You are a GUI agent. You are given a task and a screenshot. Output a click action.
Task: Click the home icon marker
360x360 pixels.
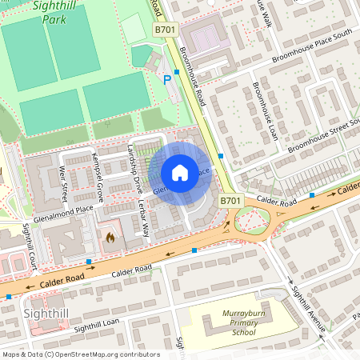point(180,173)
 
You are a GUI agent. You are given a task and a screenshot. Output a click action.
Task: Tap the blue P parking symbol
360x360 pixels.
point(167,79)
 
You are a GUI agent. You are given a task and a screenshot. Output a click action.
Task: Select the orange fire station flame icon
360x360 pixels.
point(110,238)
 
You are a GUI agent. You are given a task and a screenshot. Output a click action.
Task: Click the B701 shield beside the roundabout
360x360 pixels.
point(230,202)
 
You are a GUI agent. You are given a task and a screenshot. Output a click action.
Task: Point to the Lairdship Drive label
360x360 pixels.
point(134,165)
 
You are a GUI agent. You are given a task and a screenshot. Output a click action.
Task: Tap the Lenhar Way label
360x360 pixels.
point(145,218)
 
